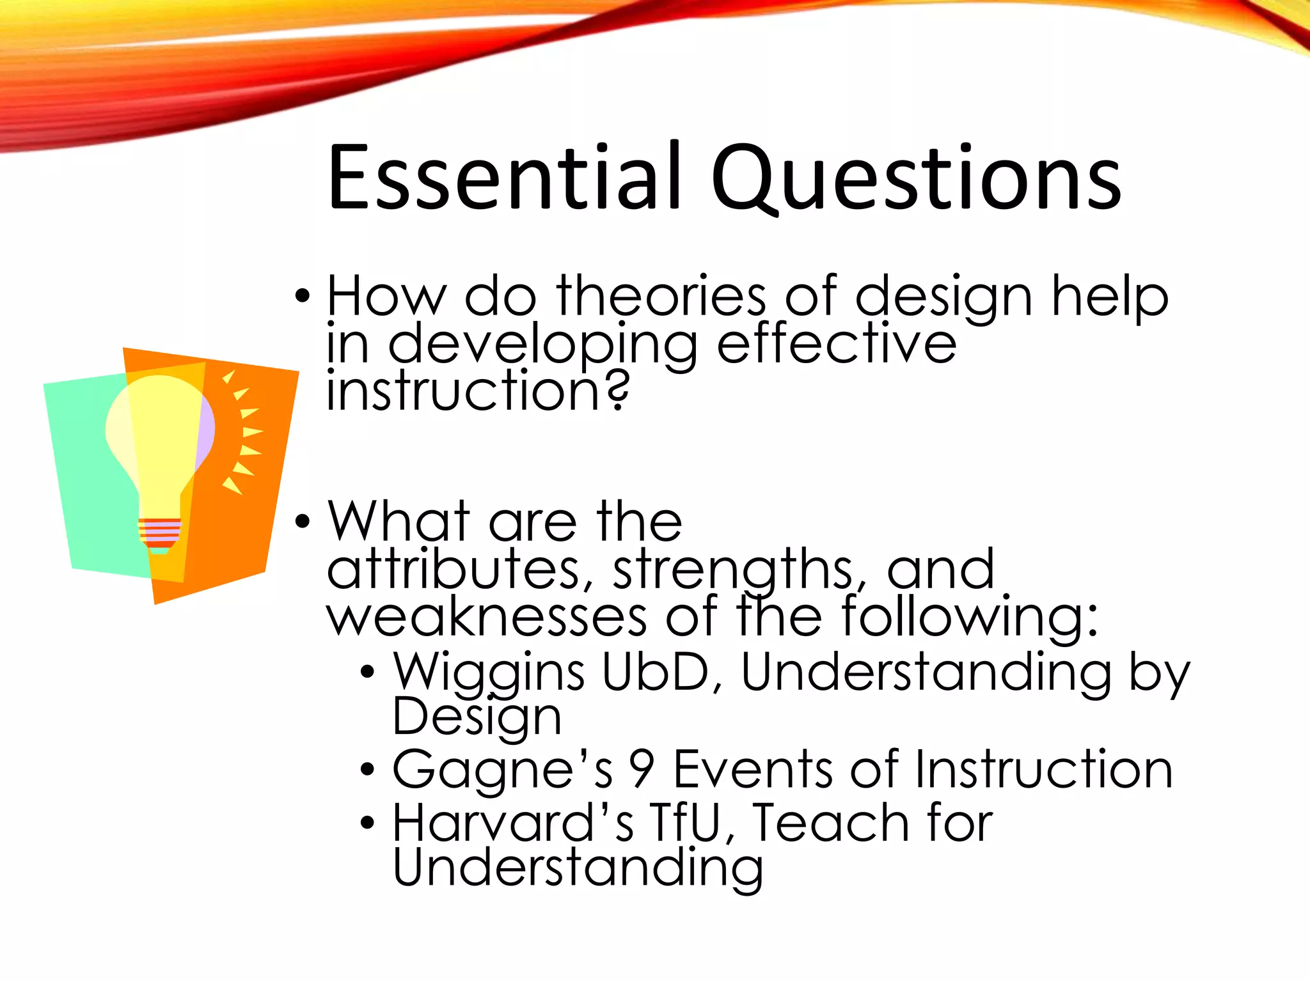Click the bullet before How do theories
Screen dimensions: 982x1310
pos(303,297)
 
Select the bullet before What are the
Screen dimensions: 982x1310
pos(303,522)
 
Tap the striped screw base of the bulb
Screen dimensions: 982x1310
pos(160,533)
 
